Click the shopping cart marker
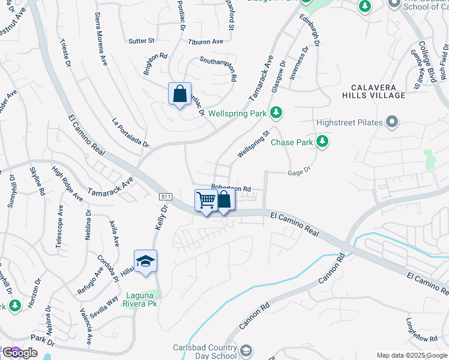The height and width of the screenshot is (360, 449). coord(206,200)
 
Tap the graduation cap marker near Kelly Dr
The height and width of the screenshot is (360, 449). coord(145,262)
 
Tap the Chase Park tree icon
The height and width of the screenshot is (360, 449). coord(322,142)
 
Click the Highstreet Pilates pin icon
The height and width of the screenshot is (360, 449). coord(393,122)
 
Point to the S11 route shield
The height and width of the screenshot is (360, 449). coord(166,197)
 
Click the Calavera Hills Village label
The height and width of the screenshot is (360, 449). coord(374,91)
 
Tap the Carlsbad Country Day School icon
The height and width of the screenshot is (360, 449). coord(246,350)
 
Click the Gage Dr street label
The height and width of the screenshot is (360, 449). coord(299,171)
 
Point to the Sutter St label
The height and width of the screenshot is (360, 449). coord(142,41)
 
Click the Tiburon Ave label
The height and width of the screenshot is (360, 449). coord(205,41)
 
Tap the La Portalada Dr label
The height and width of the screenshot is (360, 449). coord(130,133)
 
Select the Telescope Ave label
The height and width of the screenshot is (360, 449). coord(60,226)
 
